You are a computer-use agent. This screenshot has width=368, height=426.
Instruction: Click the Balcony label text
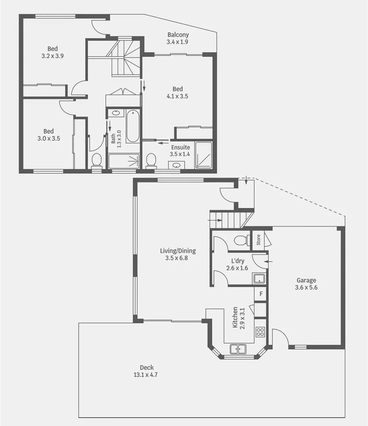pyautogui.click(x=178, y=35)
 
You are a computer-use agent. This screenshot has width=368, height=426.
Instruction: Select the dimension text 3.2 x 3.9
pyautogui.click(x=53, y=56)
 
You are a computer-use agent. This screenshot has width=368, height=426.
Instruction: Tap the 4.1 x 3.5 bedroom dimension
pyautogui.click(x=177, y=96)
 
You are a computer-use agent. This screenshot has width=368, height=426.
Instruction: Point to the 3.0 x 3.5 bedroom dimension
pyautogui.click(x=49, y=138)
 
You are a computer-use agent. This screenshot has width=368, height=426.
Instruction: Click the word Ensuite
pyautogui.click(x=180, y=148)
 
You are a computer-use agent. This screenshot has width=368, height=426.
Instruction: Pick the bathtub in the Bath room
pyautogui.click(x=133, y=126)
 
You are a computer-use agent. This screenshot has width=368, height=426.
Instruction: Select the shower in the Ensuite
pyautogui.click(x=203, y=155)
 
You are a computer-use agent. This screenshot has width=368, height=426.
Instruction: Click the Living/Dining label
pyautogui.click(x=178, y=251)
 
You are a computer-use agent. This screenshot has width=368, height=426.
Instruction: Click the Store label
pyautogui.click(x=259, y=240)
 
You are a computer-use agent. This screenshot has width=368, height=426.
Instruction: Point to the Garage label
pyautogui.click(x=306, y=280)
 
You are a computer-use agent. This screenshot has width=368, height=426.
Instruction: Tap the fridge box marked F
pyautogui.click(x=261, y=294)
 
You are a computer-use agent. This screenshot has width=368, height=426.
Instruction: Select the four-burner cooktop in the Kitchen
pyautogui.click(x=260, y=332)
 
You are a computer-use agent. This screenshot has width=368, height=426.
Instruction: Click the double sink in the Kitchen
pyautogui.click(x=238, y=349)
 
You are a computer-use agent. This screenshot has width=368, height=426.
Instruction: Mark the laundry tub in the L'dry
pyautogui.click(x=259, y=278)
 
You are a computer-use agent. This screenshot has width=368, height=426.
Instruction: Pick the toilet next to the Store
pyautogui.click(x=240, y=240)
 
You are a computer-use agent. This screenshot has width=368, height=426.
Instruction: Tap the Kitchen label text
pyautogui.click(x=235, y=317)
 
